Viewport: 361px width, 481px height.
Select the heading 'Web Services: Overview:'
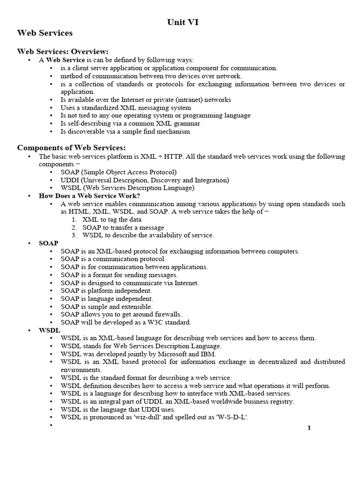pos(63,51)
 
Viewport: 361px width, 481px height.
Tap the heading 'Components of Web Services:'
pos(71,147)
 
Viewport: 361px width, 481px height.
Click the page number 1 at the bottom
pos(309,427)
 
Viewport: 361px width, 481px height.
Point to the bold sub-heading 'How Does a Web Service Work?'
pos(89,196)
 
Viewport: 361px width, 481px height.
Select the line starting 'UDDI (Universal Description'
pos(138,180)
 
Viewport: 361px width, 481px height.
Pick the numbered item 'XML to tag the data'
pos(112,219)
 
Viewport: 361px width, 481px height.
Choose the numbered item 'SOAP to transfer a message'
pos(124,227)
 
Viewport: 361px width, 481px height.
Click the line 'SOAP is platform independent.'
pos(107,291)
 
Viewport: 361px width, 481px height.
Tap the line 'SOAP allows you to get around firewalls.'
pos(121,314)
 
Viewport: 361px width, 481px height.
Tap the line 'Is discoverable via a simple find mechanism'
pos(125,131)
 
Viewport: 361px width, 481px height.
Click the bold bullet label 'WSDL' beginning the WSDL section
pos(49,330)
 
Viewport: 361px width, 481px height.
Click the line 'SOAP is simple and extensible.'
pos(106,306)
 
